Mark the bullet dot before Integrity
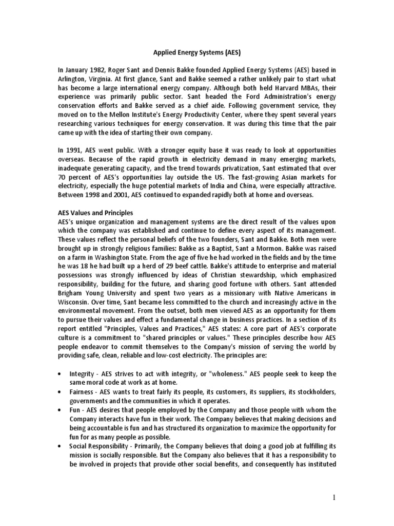coord(62,373)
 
